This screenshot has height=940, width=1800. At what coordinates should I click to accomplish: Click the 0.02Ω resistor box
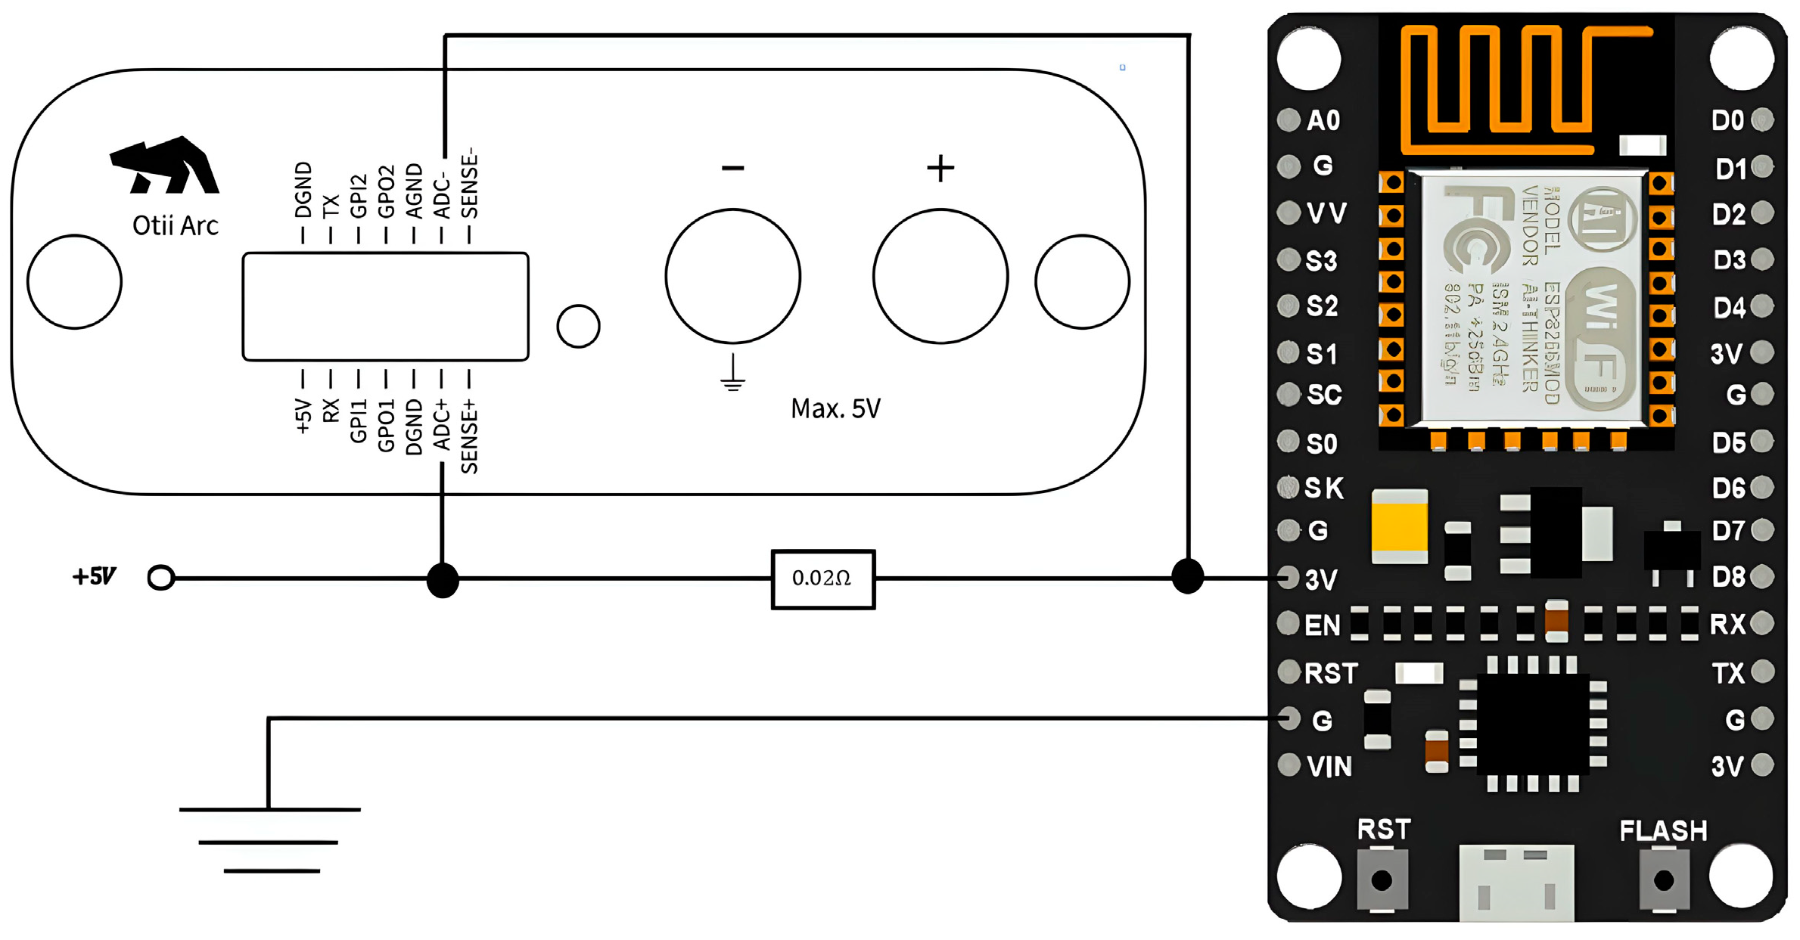(x=823, y=579)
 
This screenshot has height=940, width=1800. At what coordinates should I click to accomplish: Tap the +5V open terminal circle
(x=160, y=579)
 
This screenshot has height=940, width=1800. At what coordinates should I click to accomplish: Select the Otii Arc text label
(x=176, y=225)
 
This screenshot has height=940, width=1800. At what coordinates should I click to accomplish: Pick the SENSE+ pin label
(x=469, y=437)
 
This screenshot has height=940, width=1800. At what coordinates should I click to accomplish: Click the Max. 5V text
(x=835, y=409)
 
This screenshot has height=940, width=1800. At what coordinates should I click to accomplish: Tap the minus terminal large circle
(x=732, y=277)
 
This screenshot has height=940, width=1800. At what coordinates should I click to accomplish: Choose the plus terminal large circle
(x=940, y=277)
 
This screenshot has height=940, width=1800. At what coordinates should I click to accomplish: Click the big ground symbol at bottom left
(x=270, y=840)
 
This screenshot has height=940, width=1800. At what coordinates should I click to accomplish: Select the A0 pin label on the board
(x=1323, y=120)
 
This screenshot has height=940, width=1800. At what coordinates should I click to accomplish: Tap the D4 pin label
(x=1729, y=308)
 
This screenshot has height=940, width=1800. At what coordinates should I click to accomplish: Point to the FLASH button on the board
(x=1663, y=880)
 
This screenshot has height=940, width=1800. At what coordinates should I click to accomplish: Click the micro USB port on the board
(x=1516, y=883)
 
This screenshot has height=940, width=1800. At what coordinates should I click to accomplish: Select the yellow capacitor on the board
(x=1400, y=526)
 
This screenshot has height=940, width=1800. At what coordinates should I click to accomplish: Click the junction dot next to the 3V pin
(x=1187, y=577)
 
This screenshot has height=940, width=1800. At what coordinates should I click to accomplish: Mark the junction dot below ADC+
(x=443, y=580)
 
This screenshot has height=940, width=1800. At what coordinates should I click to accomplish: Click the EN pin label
(x=1322, y=625)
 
